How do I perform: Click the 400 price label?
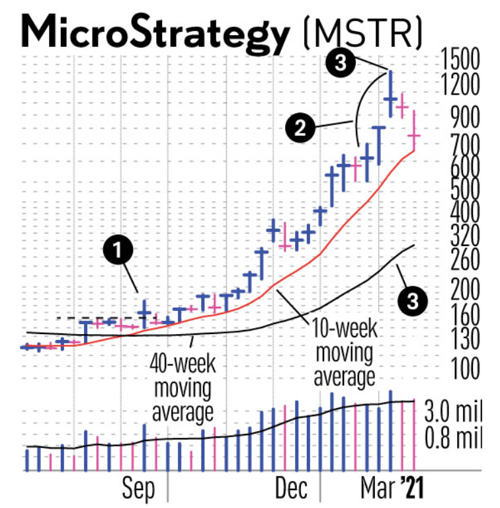pos(460,213)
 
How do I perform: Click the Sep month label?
pos(138,489)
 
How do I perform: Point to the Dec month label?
pos(291,489)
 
